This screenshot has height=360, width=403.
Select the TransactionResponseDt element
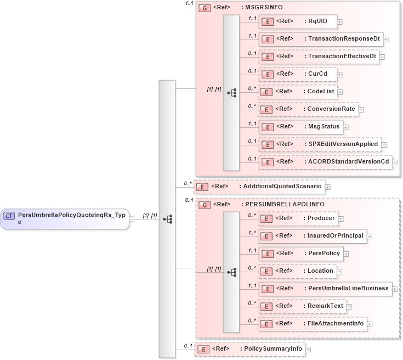pyautogui.click(x=320, y=39)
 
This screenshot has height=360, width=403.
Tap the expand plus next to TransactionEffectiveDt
pyautogui.click(x=382, y=57)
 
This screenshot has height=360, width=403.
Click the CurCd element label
pyautogui.click(x=315, y=74)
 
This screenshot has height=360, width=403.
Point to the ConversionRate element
pyautogui.click(x=308, y=109)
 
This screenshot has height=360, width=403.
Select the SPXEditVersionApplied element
pyautogui.click(x=320, y=144)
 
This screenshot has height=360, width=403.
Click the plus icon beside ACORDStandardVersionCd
pyautogui.click(x=395, y=162)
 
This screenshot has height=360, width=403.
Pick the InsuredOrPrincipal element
pyautogui.click(x=312, y=236)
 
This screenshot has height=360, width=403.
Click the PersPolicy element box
pyautogui.click(x=301, y=254)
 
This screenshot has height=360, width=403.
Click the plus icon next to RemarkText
pyautogui.click(x=349, y=306)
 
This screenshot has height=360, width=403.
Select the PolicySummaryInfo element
pyautogui.click(x=249, y=349)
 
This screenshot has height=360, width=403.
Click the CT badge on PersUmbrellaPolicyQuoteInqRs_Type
pyautogui.click(x=9, y=216)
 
